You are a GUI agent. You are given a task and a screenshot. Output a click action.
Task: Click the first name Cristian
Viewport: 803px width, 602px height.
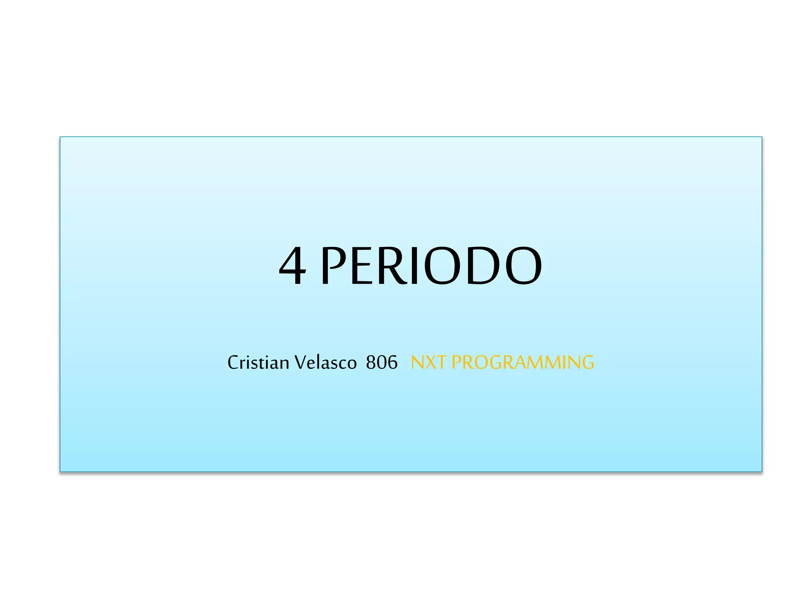(x=258, y=362)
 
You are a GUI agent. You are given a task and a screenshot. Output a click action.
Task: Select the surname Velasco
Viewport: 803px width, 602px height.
(x=325, y=362)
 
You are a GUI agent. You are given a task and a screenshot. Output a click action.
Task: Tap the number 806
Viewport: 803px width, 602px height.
(x=382, y=362)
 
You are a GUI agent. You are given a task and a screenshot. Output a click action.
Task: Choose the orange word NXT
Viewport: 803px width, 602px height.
(x=429, y=362)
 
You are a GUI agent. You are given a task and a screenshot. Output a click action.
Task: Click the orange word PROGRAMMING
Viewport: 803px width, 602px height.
(x=523, y=362)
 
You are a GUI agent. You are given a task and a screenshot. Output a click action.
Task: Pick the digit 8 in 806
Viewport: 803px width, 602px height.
(x=371, y=363)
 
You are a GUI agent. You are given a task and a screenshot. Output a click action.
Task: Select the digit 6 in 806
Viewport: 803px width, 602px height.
(x=392, y=363)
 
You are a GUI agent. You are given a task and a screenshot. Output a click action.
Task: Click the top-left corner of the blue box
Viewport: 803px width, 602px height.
(x=60, y=137)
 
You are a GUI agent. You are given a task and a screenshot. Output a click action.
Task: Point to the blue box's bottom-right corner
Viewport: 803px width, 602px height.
(x=761, y=471)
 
